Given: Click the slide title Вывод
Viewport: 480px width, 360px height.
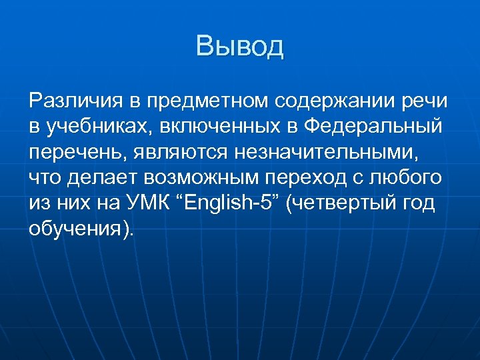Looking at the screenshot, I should point(240,46).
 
